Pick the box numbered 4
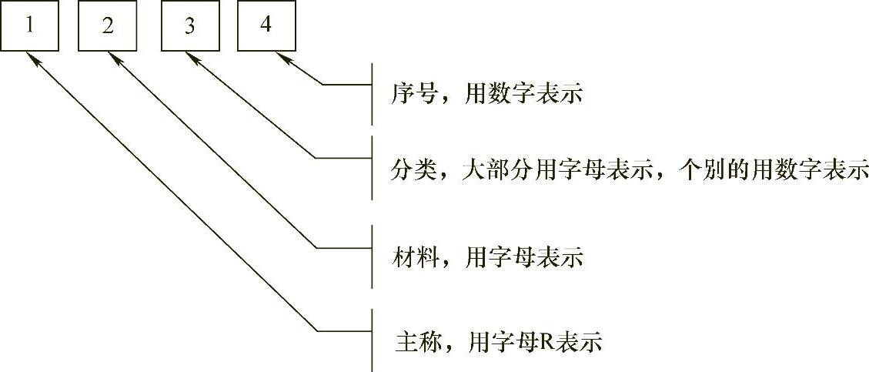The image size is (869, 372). coord(266,27)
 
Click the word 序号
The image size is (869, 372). coord(412,94)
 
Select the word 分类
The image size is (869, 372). coord(412,169)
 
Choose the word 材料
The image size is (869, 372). coord(412,257)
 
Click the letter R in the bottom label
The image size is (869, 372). coord(553,341)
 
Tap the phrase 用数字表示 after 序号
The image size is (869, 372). coord(523,94)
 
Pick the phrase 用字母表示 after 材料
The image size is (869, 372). coord(523,257)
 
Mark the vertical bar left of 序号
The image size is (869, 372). coord(373,94)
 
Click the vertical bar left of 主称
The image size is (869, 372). coord(373,340)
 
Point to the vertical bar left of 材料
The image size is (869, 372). coord(373,256)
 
